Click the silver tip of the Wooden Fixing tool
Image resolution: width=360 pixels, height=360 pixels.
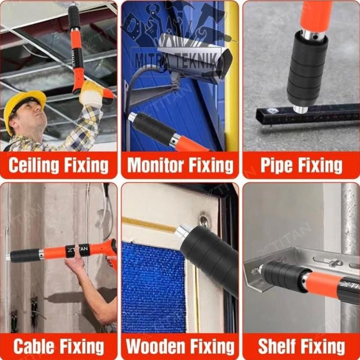pos(184,231)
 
